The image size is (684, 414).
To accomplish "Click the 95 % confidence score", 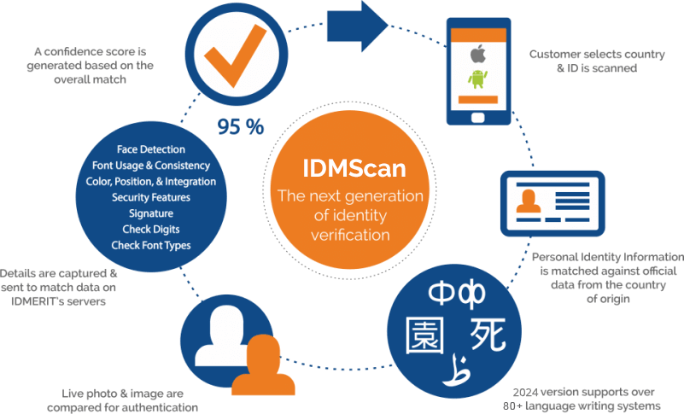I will tap(241, 127).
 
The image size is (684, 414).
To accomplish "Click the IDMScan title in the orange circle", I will tap(350, 166).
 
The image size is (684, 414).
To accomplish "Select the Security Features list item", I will tap(150, 197).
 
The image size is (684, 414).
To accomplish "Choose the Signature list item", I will tap(150, 213).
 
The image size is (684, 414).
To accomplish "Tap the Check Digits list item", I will tap(150, 229).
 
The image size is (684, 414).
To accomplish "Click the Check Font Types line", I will tap(150, 245).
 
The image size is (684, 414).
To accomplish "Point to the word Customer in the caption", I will tap(555, 54).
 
